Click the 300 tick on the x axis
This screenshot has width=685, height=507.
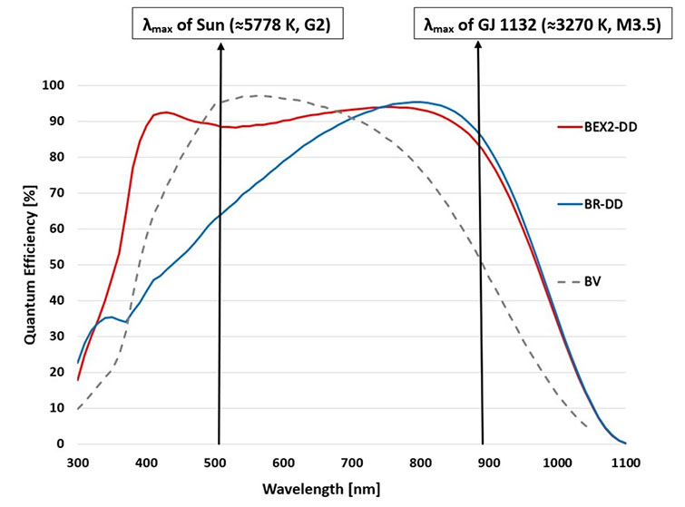[x=78, y=463]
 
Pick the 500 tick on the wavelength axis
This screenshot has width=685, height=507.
[x=215, y=463]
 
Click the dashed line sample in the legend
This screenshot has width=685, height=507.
[x=571, y=284]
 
